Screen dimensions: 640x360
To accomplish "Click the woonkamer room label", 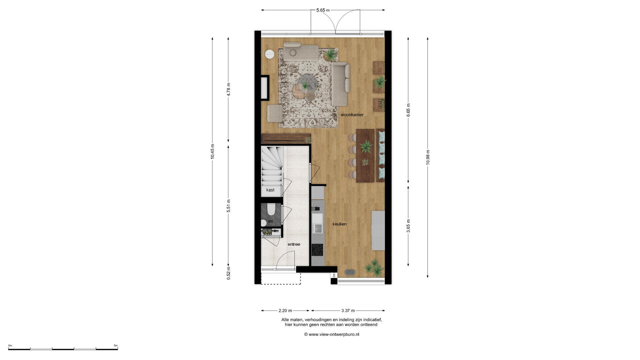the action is tap(352, 115).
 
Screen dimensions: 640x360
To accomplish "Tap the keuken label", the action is tap(339, 224).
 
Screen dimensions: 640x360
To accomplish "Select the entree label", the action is tap(294, 244).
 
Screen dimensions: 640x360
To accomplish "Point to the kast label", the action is tap(270, 190).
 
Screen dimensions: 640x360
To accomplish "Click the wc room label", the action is tap(271, 221).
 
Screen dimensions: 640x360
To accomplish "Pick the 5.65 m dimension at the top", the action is tap(323, 10).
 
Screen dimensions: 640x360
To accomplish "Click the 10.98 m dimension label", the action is tap(428, 157).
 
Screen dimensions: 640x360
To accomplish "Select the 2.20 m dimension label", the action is tap(285, 311).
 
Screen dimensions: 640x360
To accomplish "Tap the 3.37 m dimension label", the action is tap(348, 311).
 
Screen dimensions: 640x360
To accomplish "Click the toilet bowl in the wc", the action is tap(271, 209).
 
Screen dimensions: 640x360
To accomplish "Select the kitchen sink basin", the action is tap(317, 228).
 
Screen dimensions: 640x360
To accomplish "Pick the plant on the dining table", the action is tap(366, 147).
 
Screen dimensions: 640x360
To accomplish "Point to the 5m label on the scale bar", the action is tap(115, 346).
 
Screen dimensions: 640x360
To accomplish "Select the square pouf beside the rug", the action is tap(275, 113).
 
